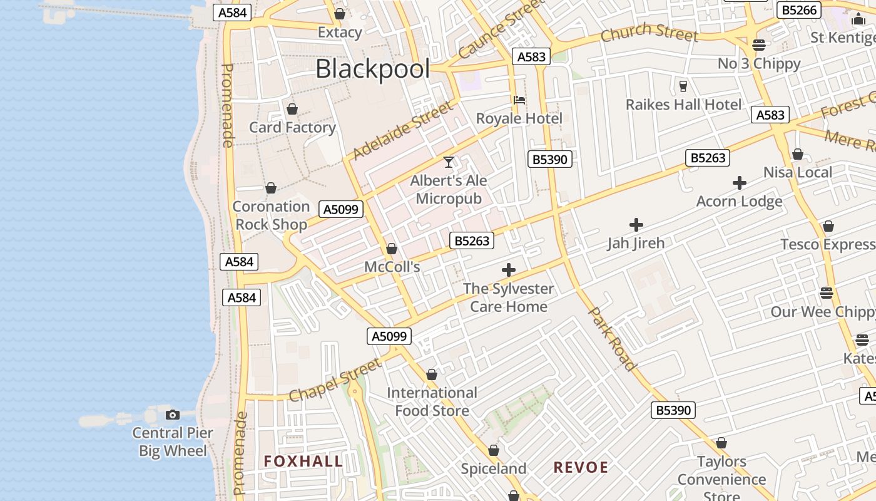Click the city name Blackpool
point(373,69)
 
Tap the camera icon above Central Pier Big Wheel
point(173,415)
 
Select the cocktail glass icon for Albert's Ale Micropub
point(449,162)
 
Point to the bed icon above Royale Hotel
point(519,100)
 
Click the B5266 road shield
point(799,10)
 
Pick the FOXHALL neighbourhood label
point(303,462)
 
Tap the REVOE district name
point(581,468)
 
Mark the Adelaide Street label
point(402,130)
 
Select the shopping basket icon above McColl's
point(392,249)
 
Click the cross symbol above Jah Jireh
point(636,224)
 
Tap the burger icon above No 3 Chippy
point(759,45)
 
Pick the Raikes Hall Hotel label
point(684,105)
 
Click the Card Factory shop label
point(292,128)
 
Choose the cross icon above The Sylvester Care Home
point(509,270)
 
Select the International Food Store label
point(432,402)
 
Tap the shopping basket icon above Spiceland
point(494,450)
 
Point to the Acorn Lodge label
point(740,202)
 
